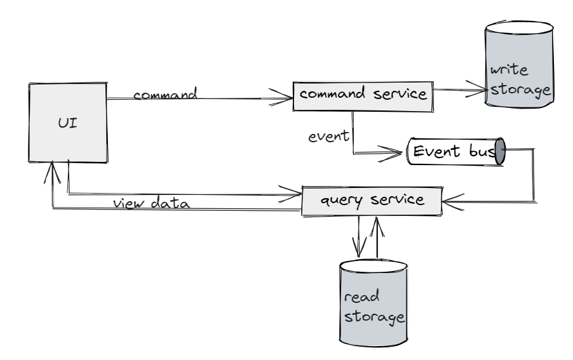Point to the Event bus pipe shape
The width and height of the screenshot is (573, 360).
coord(455,152)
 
